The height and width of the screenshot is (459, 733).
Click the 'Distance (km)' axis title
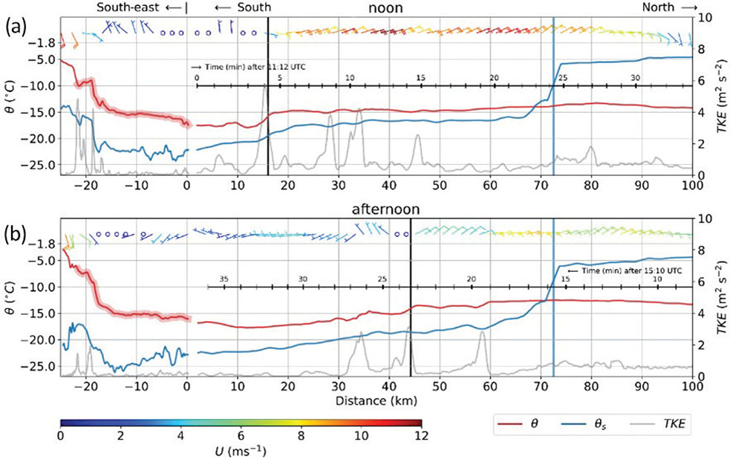tap(376, 400)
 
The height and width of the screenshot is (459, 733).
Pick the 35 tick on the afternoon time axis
tap(224, 279)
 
